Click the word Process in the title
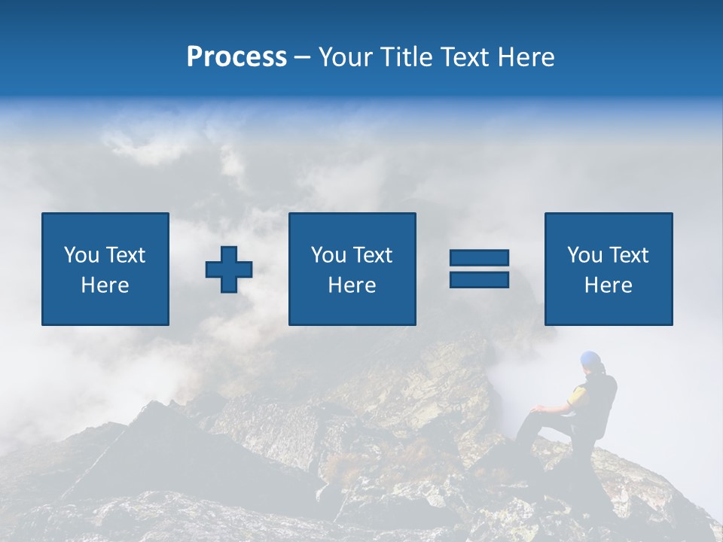click(236, 56)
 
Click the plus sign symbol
click(229, 269)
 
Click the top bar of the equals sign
click(479, 258)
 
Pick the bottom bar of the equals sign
click(479, 279)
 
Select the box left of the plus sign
click(105, 269)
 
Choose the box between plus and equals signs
click(352, 269)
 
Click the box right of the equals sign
click(608, 269)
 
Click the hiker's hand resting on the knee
click(536, 410)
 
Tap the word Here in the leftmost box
click(105, 285)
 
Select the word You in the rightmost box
click(584, 255)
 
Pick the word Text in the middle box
click(373, 255)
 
